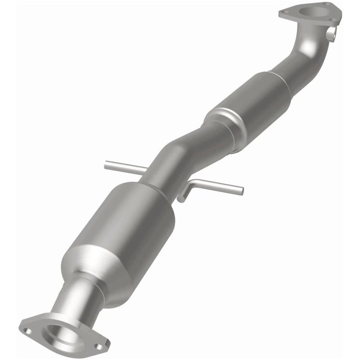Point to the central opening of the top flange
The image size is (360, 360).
(310, 12)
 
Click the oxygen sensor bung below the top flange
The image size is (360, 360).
(332, 34)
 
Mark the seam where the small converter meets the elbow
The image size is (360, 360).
(288, 79)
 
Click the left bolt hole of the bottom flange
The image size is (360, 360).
(28, 331)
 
